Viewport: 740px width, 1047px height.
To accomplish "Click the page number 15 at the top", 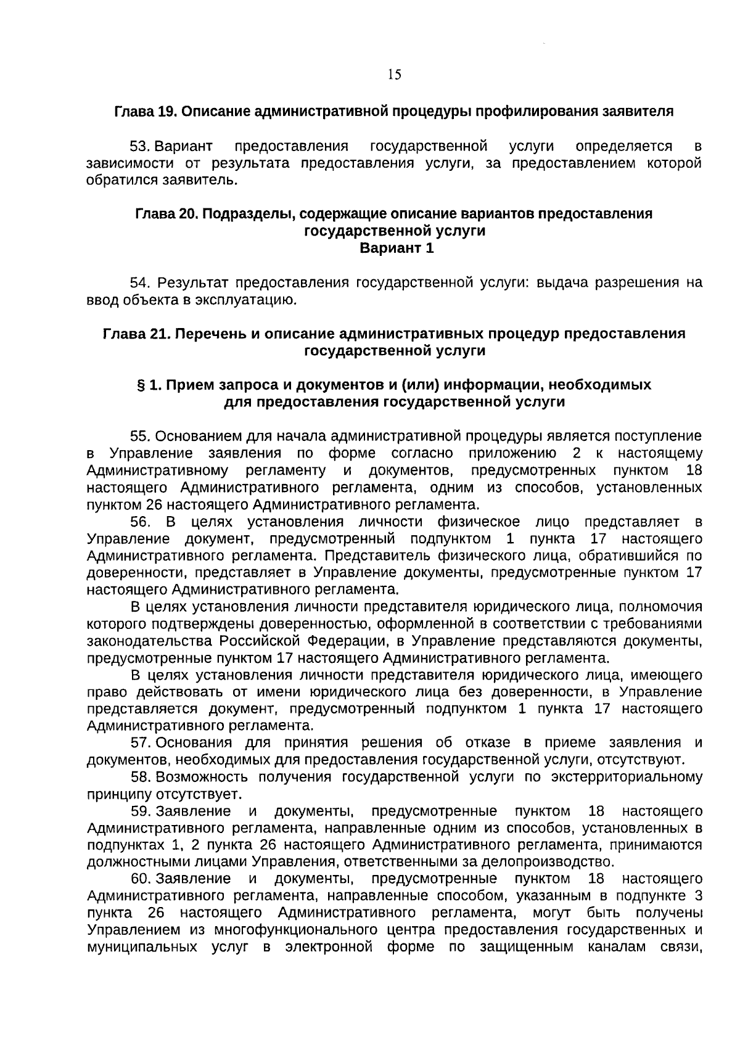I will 395,75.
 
